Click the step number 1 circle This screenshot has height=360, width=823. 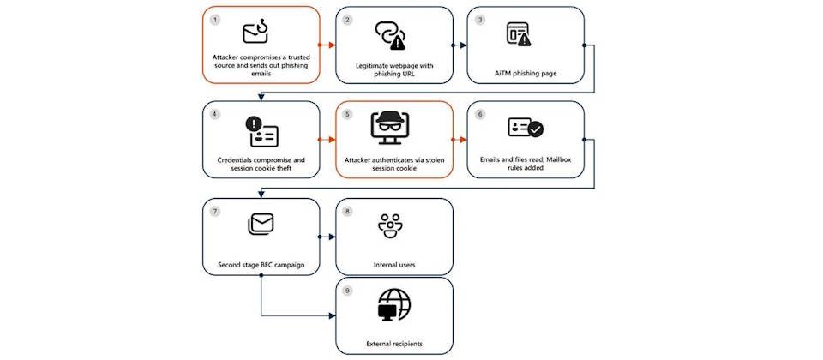216,18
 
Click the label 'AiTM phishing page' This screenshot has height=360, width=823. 526,74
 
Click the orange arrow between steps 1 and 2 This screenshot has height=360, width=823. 327,44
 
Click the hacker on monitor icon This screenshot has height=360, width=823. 394,129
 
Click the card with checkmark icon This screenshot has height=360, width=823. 526,129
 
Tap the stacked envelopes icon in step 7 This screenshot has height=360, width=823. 261,225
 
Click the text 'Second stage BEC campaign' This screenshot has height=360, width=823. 261,265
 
